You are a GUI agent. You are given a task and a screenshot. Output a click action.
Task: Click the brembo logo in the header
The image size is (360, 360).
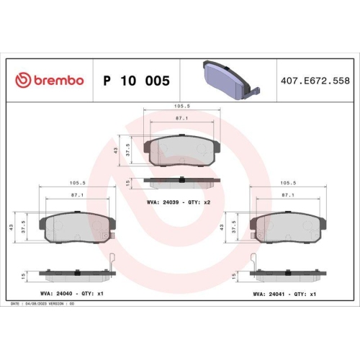50,81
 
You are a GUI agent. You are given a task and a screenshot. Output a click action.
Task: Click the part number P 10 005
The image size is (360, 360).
137,81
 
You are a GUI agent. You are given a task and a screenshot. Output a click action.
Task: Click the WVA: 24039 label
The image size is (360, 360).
160,202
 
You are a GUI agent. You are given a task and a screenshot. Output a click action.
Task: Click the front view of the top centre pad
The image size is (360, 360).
181,150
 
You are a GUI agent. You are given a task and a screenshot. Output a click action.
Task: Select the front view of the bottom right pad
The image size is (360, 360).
288,228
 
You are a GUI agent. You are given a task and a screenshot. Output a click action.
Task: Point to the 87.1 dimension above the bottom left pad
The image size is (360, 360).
76,194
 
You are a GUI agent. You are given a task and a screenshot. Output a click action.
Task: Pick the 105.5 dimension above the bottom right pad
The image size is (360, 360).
288,182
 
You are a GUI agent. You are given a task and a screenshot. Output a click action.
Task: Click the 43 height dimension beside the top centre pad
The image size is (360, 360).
116,150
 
